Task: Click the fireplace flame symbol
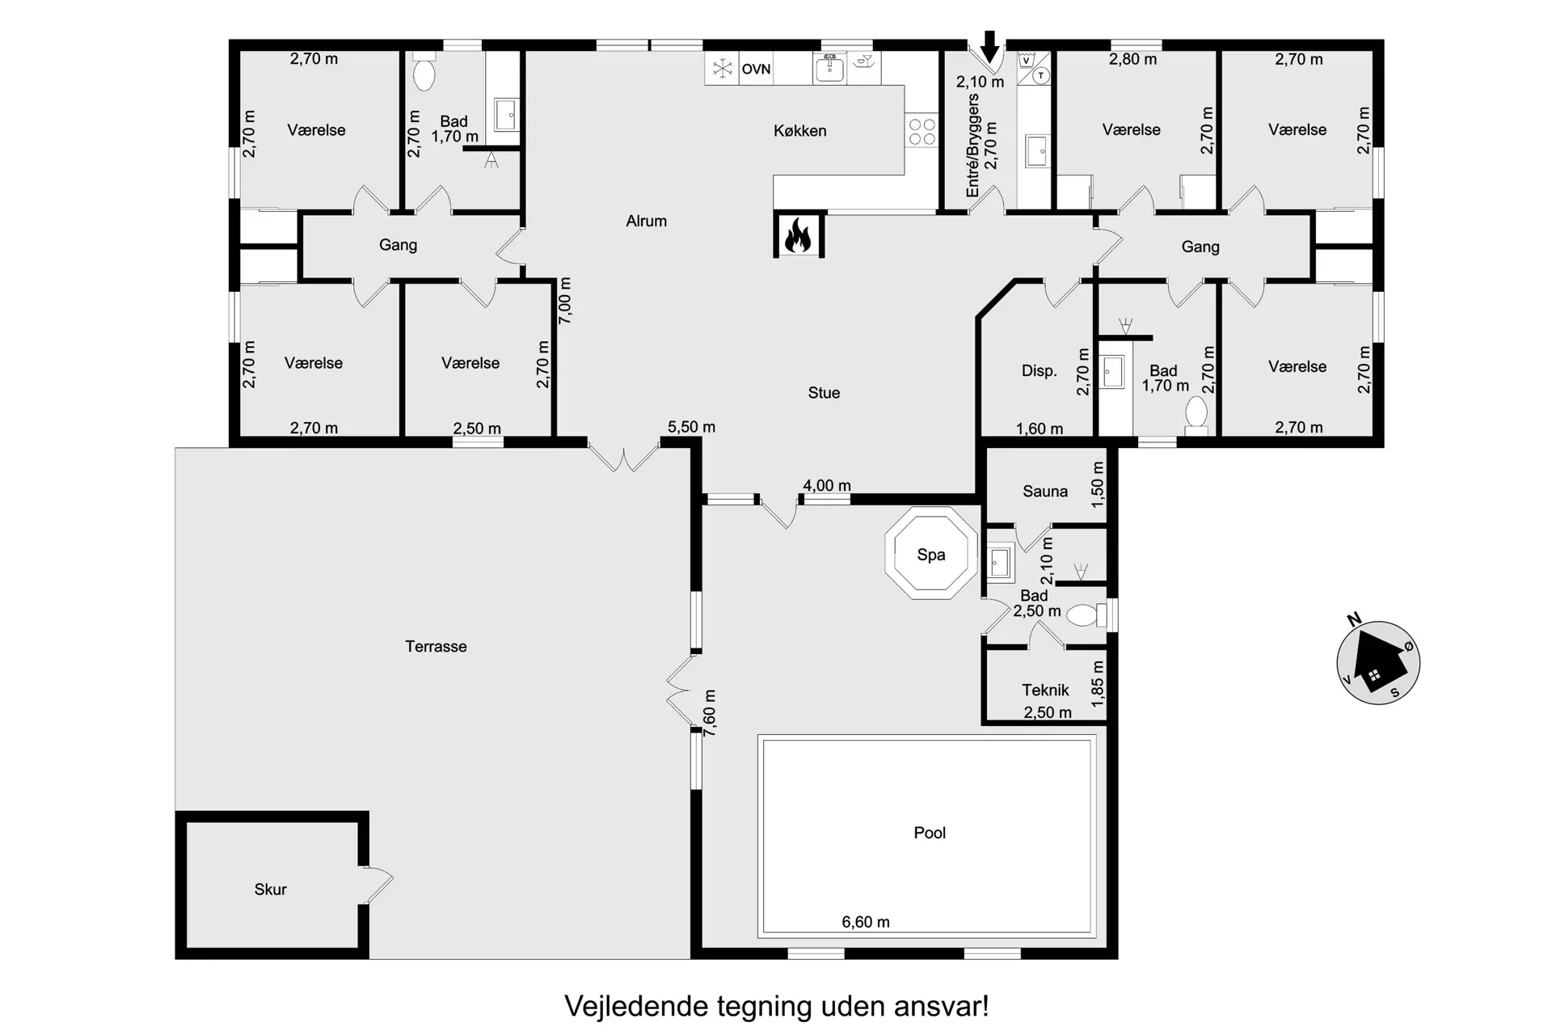pos(798,235)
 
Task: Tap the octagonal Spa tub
pos(931,554)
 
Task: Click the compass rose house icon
pos(1378,662)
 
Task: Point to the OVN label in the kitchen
pos(756,70)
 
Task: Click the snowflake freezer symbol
pos(721,69)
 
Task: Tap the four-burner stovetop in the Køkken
pos(921,132)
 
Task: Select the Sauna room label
pos(1044,491)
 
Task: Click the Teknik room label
pos(1045,690)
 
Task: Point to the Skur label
pos(270,889)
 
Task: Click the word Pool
pos(930,833)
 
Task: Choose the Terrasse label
pos(436,646)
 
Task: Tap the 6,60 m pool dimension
pos(866,922)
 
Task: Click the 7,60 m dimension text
pos(709,712)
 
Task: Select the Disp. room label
pos(1039,370)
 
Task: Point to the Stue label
pos(824,393)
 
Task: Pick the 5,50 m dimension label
pos(691,427)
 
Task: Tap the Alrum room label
pos(646,221)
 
